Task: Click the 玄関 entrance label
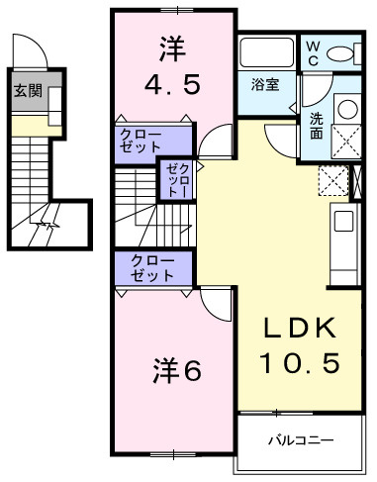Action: coord(28,92)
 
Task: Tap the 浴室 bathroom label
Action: coord(264,84)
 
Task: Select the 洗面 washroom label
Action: coord(316,126)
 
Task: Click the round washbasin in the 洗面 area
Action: coord(347,109)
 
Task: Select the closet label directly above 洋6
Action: coord(153,267)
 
